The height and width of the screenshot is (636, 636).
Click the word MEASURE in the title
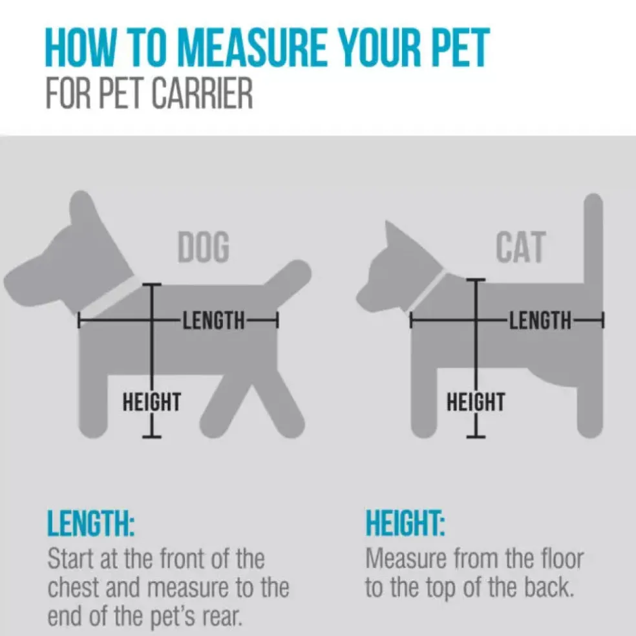(251, 47)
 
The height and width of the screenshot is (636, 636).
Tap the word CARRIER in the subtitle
(202, 93)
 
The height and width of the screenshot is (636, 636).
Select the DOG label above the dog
(204, 247)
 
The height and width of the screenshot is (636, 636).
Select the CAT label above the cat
(521, 247)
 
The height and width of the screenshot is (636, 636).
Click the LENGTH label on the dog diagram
(214, 321)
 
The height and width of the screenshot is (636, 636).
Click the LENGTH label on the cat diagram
(540, 320)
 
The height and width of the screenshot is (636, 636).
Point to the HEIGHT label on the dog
(152, 401)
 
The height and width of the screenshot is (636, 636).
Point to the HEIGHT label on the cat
(476, 401)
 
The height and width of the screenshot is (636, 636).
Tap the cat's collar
(429, 291)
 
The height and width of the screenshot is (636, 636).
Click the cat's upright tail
(593, 239)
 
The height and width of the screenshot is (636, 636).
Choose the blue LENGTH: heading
(91, 523)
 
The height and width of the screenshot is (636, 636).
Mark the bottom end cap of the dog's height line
(152, 437)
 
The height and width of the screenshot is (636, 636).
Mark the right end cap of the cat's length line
(603, 320)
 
